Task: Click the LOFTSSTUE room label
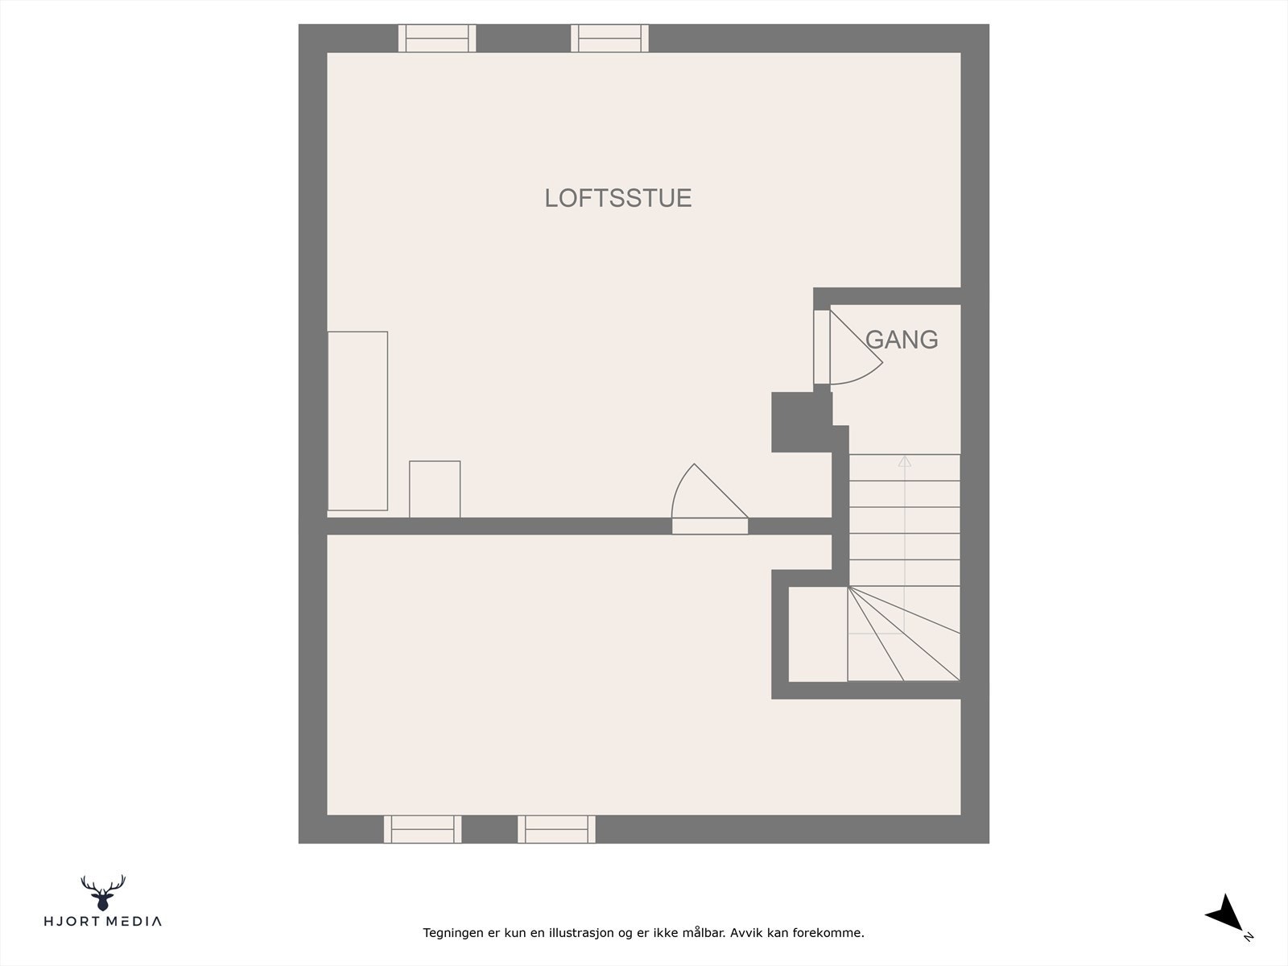(618, 198)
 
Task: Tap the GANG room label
(902, 340)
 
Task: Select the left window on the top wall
(437, 38)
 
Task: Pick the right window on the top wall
(609, 38)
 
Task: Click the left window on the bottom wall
(423, 828)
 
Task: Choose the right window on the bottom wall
(556, 828)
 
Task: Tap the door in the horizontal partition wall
(709, 525)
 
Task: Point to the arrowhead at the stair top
(905, 461)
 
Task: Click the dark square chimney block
(801, 422)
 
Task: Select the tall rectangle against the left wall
(357, 420)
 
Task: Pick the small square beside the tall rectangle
(435, 489)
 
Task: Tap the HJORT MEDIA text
(102, 921)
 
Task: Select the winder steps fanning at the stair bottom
(903, 636)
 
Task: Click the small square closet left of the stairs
(817, 634)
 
